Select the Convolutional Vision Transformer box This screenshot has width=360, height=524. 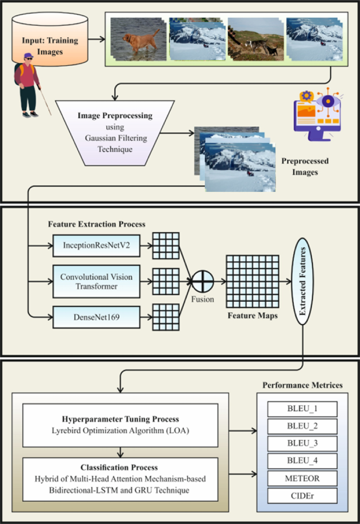[97, 281]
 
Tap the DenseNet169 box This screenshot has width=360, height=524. [97, 317]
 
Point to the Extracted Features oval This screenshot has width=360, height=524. [302, 282]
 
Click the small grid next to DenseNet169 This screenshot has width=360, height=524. [166, 317]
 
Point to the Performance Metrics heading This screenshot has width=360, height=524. [302, 385]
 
